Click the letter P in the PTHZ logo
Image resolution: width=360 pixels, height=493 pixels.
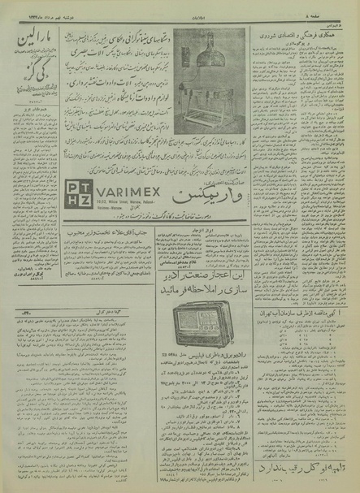pos(73,186)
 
